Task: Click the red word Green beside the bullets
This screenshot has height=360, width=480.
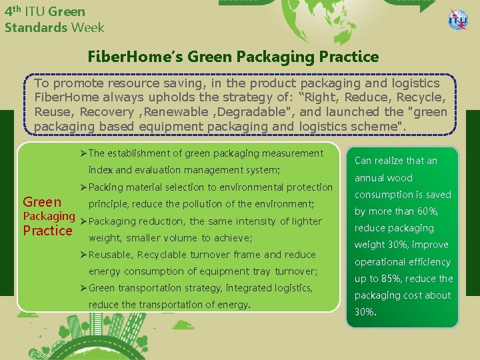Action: [42, 202]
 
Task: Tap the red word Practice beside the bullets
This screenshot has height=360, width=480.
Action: [47, 231]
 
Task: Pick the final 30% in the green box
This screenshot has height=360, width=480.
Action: [365, 312]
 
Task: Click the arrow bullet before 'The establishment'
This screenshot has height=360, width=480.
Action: [83, 154]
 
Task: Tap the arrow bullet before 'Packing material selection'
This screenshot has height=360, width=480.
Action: [83, 188]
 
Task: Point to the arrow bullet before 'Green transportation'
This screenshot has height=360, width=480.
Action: [83, 289]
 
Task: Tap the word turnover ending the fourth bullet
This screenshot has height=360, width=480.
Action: [295, 271]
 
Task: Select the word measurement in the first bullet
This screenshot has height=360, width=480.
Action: [289, 153]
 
